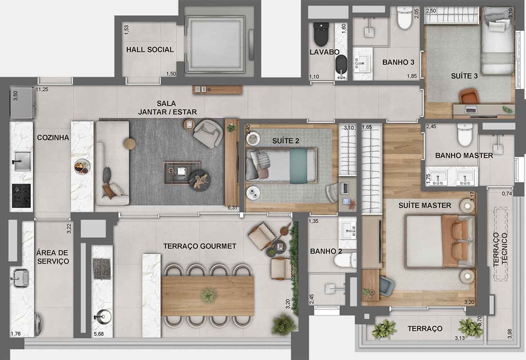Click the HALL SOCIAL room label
tap(150, 50)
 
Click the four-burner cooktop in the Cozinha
tap(22, 195)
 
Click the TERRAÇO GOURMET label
tap(200, 246)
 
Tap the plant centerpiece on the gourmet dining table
tap(208, 295)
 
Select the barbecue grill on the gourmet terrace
tap(102, 269)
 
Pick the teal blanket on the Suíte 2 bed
tap(299, 166)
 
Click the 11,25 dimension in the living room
tap(42, 90)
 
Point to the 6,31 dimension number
tap(232, 208)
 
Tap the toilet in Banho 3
tap(404, 18)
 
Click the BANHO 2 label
tap(326, 251)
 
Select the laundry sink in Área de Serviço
tap(20, 277)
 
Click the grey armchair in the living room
tap(208, 133)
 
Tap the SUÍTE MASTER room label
tap(425, 206)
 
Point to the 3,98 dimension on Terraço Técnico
tap(510, 333)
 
